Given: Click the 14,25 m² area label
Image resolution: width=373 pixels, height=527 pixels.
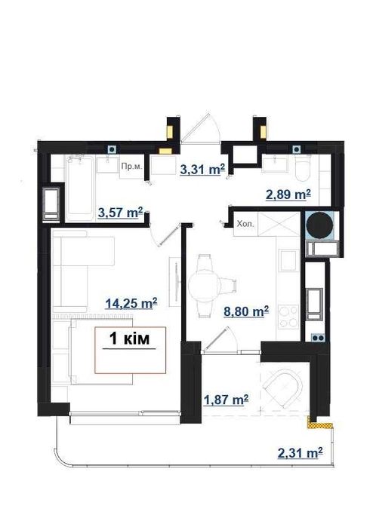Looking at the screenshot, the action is [131, 304].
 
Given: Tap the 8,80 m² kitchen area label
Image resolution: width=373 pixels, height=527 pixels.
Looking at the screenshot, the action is [246, 311].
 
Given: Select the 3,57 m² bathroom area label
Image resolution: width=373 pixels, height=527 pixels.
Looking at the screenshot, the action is [121, 213].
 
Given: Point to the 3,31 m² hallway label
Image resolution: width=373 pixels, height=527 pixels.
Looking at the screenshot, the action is [202, 170].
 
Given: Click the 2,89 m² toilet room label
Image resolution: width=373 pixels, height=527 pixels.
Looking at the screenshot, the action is [288, 195].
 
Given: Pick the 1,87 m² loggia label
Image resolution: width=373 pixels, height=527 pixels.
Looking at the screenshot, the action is [227, 400].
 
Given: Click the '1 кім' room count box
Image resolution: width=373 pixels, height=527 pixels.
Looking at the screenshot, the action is [131, 350].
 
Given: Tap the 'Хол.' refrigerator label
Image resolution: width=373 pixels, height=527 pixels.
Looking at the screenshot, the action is [245, 224].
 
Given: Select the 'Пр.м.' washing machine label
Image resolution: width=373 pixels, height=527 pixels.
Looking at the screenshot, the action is [131, 167].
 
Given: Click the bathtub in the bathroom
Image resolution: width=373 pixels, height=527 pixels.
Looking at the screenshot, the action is [79, 188].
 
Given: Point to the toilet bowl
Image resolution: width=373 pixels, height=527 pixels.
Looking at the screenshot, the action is [301, 169].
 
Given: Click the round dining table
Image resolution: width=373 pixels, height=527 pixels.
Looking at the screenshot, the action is [205, 286].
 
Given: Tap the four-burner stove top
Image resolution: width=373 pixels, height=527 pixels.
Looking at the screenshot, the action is [288, 316].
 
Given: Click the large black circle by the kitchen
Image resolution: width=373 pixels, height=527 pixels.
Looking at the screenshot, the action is [320, 225].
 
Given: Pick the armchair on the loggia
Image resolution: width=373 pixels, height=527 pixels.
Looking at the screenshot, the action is [283, 389].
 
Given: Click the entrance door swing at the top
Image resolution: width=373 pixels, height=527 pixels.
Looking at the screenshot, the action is [201, 128].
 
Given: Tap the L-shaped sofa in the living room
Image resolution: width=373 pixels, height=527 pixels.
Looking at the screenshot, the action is [83, 269].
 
